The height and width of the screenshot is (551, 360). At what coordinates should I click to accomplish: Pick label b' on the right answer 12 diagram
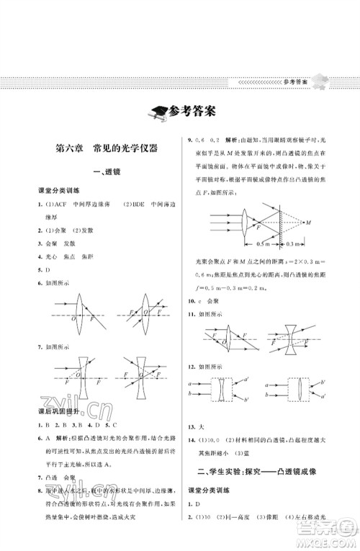click(326, 380)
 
